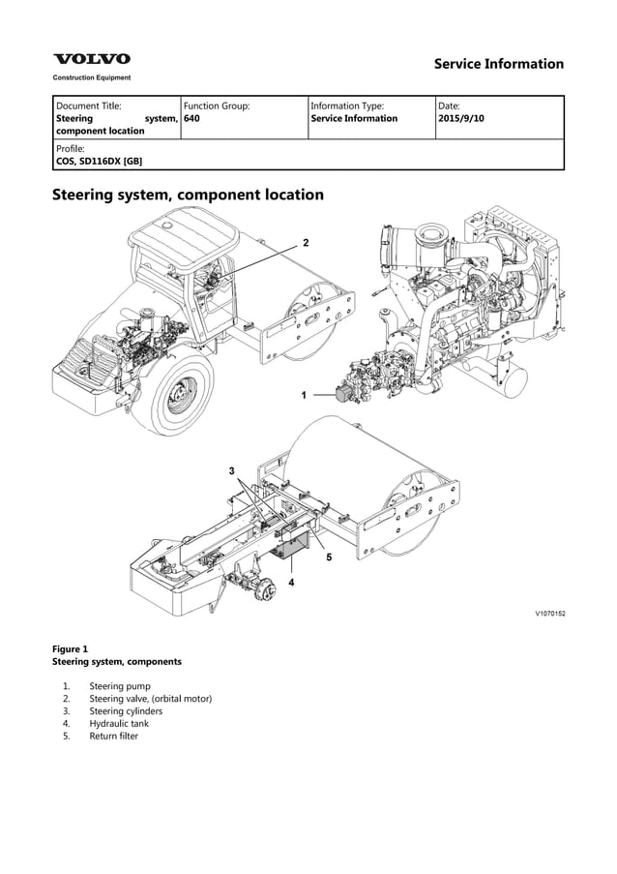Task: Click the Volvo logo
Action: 91,60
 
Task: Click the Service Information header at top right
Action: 498,64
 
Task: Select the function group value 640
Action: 192,119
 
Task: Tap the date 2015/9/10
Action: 461,119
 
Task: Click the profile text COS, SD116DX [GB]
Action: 100,162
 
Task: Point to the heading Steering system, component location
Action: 187,195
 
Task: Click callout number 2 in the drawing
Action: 306,241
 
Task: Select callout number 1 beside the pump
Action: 304,395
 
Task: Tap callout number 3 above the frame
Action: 231,470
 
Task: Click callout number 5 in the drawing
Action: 329,558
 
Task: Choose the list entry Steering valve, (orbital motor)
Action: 150,698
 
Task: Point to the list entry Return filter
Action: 113,736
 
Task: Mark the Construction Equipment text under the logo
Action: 91,77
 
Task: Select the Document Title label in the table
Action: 89,105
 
